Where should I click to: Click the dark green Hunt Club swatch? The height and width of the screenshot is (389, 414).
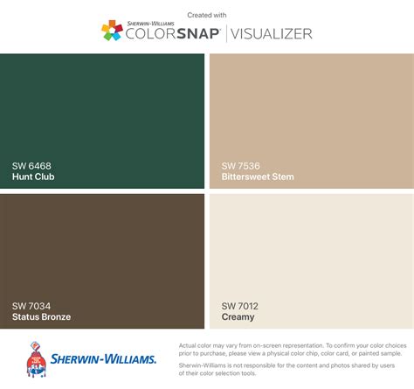(x=103, y=105)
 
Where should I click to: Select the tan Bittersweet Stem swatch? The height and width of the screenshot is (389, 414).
(x=310, y=105)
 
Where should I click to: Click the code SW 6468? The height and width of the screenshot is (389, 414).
(x=31, y=165)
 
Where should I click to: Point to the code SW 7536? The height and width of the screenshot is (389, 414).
(x=240, y=165)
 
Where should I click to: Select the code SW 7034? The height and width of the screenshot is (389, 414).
(x=31, y=305)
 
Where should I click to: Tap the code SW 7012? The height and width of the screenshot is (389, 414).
(x=240, y=305)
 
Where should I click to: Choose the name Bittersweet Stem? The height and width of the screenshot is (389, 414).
(x=258, y=177)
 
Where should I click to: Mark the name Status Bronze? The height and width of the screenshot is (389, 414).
(x=42, y=316)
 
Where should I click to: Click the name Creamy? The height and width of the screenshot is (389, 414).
(x=238, y=316)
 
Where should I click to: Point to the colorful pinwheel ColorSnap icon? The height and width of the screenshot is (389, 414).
(x=112, y=31)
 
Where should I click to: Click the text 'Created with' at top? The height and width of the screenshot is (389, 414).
(x=207, y=15)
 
